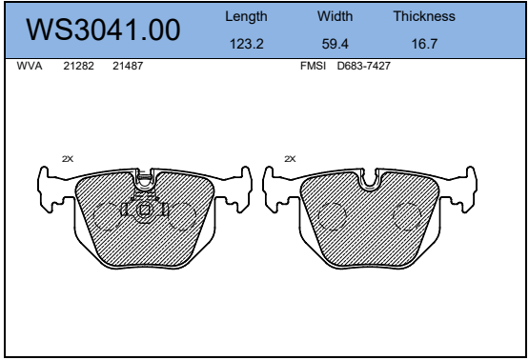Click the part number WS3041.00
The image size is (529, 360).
point(103,30)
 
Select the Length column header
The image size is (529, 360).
point(246,16)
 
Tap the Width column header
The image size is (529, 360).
point(335,16)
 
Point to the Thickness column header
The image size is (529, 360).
point(424,16)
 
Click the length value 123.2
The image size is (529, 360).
point(247,44)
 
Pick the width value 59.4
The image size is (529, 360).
point(335,44)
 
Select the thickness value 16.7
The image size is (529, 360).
point(424,44)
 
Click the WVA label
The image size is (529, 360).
point(30,66)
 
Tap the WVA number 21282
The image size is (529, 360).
point(78,66)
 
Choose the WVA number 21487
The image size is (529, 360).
point(128,66)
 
